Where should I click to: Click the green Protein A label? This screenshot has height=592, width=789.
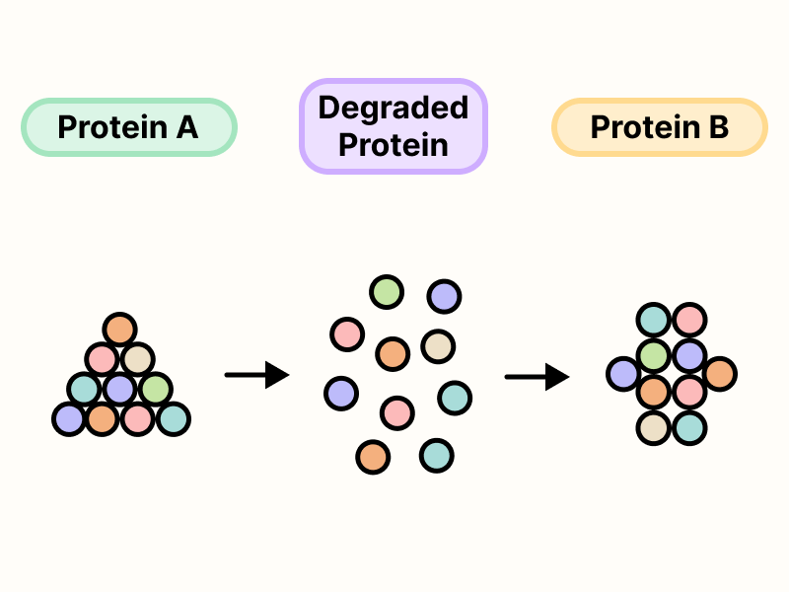tap(128, 127)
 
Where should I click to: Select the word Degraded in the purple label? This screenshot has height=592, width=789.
tap(393, 108)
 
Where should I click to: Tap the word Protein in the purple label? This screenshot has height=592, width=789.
tap(393, 145)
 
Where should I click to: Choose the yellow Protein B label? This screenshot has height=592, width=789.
tap(659, 127)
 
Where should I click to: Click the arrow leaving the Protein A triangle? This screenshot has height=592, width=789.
tap(256, 375)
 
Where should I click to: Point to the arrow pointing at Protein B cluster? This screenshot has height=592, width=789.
tap(537, 376)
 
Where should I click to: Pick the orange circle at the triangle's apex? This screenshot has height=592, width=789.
tap(119, 329)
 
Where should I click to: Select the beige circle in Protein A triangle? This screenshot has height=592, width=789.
tap(137, 358)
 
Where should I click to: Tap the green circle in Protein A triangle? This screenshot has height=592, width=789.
tap(155, 389)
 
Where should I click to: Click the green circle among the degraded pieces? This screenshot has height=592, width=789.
tap(386, 292)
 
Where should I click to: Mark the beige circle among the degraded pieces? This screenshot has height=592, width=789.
tap(437, 346)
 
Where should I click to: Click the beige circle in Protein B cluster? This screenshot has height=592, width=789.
tap(654, 427)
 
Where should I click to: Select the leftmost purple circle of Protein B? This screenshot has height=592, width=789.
tap(623, 374)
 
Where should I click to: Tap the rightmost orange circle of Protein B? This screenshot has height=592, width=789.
tap(719, 374)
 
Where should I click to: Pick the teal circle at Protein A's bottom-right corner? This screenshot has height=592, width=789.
tap(173, 418)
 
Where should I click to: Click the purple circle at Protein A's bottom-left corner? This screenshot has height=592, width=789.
tap(69, 418)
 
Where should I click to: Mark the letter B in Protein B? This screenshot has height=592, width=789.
tap(717, 127)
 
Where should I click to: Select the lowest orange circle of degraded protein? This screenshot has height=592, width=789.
tap(373, 457)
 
